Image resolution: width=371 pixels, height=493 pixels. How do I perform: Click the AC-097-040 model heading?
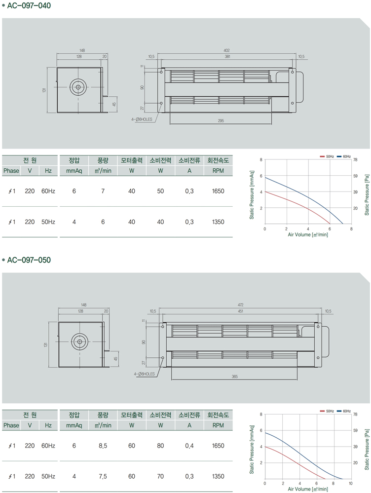coord(29,5)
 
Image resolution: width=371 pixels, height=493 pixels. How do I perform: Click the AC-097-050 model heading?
coord(29,260)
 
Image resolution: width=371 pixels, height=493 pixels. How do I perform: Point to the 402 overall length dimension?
coord(226,50)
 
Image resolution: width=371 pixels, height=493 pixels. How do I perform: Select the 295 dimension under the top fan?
coord(221,120)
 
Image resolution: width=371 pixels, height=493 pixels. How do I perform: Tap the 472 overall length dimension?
coord(241,304)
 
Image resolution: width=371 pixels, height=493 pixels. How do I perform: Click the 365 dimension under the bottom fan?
coord(234,377)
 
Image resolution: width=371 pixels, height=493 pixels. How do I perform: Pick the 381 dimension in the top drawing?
coord(227,57)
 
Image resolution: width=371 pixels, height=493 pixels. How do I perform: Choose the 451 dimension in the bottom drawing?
coord(241,311)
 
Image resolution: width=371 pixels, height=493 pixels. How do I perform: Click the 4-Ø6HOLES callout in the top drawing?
coord(142,119)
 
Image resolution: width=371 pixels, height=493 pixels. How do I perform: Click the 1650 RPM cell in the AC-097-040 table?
coord(218,191)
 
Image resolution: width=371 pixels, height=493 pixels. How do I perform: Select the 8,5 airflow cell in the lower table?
coord(103,446)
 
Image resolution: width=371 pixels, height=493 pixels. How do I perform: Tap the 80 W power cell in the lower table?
coord(160,446)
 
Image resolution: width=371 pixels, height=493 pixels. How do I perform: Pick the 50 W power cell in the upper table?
coord(160,191)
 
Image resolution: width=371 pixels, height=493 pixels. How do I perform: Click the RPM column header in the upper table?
coord(218,171)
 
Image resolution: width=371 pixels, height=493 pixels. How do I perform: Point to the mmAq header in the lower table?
coord(74,425)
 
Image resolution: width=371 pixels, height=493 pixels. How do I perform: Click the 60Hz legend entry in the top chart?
coord(344,156)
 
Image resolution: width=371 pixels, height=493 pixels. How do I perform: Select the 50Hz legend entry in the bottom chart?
coord(327,411)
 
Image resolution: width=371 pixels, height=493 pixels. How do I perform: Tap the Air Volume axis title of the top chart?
coord(308,234)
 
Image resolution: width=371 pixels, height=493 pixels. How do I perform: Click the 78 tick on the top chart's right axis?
coord(355,160)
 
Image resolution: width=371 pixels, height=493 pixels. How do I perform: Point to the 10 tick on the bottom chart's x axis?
coord(351,483)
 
